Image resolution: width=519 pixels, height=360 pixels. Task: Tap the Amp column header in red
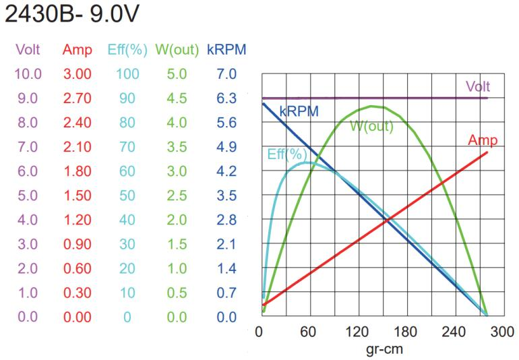pos(76,50)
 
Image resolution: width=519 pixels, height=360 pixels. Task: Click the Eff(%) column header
pos(125,50)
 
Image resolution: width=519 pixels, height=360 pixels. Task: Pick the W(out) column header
pos(176,50)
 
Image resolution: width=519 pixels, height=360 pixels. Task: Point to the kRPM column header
pos(226,50)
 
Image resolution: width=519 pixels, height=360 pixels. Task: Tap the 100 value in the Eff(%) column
pos(125,73)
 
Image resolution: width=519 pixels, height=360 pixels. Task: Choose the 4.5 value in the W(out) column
pos(176,98)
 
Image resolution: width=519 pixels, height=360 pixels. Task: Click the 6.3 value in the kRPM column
pos(226,98)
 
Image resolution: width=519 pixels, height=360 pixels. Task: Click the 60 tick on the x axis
pos(308,332)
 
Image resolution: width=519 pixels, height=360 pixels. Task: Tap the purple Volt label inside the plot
pos(478,87)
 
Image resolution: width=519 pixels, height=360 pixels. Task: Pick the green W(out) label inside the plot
pos(372,125)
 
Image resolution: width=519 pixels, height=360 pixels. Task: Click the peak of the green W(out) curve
pos(371,106)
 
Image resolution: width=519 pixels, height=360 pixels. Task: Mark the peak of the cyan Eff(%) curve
pos(307,162)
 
